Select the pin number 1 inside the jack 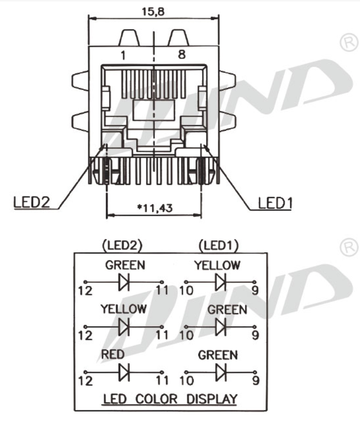pyautogui.click(x=123, y=56)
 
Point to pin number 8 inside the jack pyautogui.click(x=182, y=56)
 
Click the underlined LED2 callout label pyautogui.click(x=32, y=202)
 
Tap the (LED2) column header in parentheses pyautogui.click(x=122, y=244)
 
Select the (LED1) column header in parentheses pyautogui.click(x=219, y=244)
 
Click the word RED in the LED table pyautogui.click(x=112, y=354)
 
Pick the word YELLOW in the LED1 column pyautogui.click(x=217, y=265)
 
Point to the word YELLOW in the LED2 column pyautogui.click(x=123, y=308)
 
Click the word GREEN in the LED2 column pyautogui.click(x=125, y=265)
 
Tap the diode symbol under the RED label pyautogui.click(x=123, y=372)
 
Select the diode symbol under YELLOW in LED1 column pyautogui.click(x=220, y=282)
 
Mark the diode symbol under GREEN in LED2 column pyautogui.click(x=123, y=282)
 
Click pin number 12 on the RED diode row pyautogui.click(x=85, y=381)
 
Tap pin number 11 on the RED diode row pyautogui.click(x=162, y=381)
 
